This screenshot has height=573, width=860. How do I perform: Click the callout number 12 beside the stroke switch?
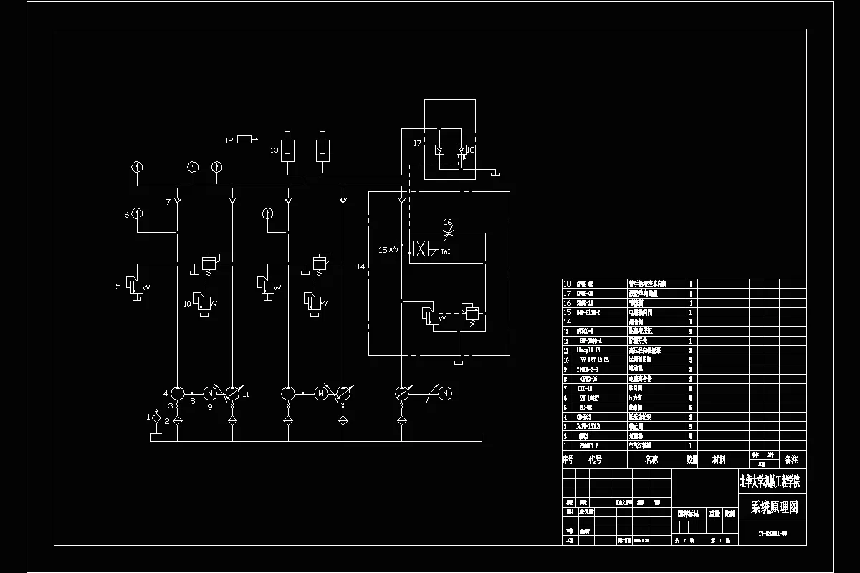click(229, 140)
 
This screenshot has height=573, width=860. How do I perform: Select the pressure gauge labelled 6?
click(137, 213)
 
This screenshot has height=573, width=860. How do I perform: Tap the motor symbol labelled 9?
click(211, 393)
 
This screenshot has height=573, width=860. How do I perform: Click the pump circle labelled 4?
click(177, 393)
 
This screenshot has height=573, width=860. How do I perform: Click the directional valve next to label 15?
click(419, 249)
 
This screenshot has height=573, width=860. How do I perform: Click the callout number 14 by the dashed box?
click(360, 266)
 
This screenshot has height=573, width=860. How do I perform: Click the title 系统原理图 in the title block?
click(773, 508)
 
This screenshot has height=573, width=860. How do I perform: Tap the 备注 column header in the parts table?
click(791, 459)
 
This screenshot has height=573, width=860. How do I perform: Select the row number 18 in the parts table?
click(568, 284)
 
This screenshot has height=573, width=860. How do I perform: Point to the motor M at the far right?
click(444, 393)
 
